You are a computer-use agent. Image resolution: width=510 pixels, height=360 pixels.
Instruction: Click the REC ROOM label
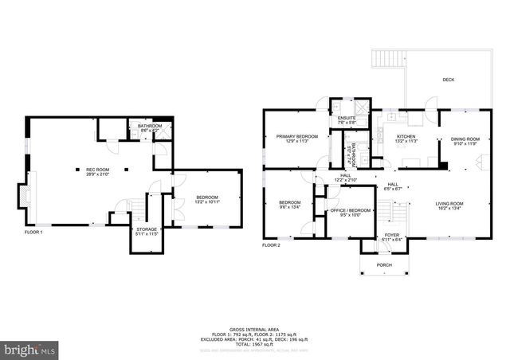click(98, 170)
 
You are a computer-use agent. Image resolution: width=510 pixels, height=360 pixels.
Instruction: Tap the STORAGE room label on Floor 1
click(144, 231)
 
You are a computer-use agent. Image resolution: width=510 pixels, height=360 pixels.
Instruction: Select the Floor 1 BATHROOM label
click(149, 126)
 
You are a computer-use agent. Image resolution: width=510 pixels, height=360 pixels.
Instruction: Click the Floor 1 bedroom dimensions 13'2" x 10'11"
click(206, 202)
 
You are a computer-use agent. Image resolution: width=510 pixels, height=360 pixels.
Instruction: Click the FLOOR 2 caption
click(271, 245)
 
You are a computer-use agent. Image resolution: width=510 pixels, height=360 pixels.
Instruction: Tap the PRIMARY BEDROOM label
click(297, 136)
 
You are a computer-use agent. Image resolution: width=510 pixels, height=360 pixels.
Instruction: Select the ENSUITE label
click(347, 119)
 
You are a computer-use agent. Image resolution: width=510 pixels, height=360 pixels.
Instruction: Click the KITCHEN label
click(406, 136)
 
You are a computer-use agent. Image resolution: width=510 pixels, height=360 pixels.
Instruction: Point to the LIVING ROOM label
click(449, 203)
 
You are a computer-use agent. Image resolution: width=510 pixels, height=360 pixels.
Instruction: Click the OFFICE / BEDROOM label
click(346, 210)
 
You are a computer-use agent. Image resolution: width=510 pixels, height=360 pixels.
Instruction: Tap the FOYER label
click(391, 235)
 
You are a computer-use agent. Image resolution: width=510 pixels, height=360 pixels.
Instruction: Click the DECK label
click(449, 80)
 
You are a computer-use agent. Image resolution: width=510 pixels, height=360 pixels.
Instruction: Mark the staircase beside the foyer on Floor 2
click(391, 212)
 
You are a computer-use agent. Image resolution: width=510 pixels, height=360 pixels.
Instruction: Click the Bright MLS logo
click(30, 349)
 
